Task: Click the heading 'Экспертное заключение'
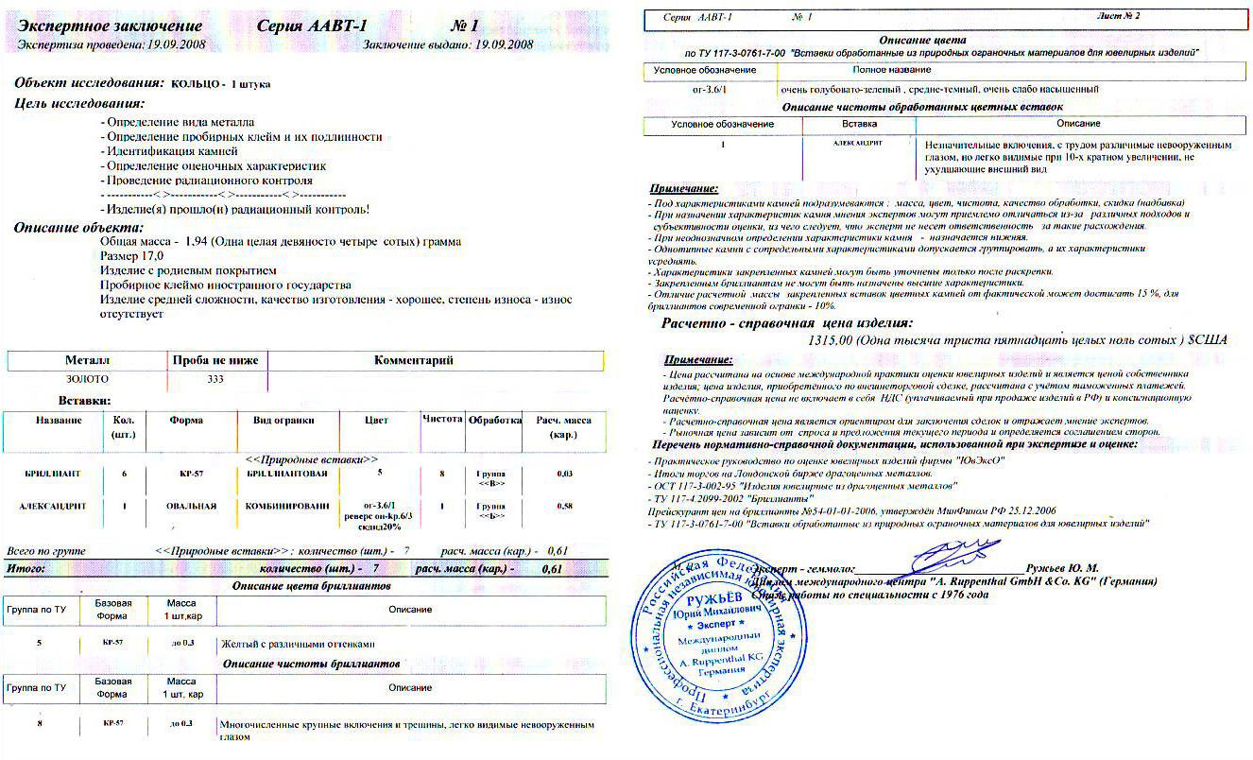[110, 26]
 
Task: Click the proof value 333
[215, 379]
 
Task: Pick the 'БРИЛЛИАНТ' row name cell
[52, 473]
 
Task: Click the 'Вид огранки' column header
[283, 420]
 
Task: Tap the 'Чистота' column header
[442, 419]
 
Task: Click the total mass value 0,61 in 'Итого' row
[552, 569]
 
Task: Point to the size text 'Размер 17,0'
[131, 256]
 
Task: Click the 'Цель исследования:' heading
[78, 103]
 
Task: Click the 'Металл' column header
[87, 360]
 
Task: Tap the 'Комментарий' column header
[414, 360]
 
